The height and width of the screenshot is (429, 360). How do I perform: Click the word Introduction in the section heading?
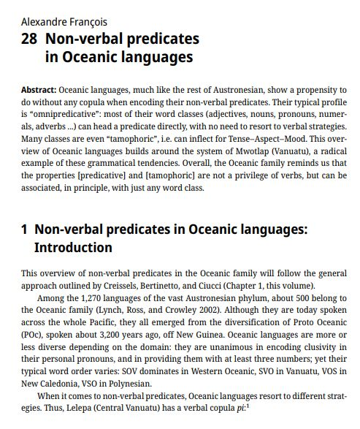click(73, 248)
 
